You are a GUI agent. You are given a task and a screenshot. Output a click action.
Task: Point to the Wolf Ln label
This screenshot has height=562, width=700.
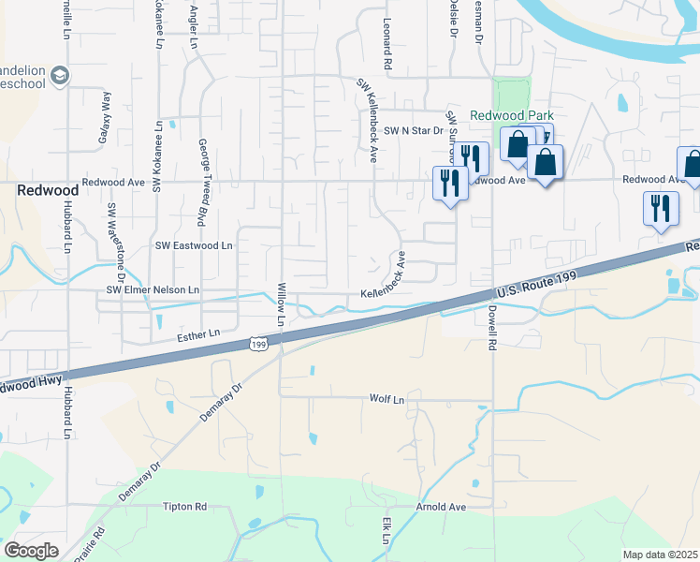[386, 399]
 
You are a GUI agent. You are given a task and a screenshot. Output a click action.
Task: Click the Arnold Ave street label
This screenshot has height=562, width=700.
[442, 507]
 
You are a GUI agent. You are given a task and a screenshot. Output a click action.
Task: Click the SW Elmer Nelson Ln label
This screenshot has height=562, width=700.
[153, 290]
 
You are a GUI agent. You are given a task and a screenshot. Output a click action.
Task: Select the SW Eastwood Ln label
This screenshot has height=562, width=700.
[194, 245]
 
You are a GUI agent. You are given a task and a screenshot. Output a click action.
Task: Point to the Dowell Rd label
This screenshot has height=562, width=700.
[489, 329]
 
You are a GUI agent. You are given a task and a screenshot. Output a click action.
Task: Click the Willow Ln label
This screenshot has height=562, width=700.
[281, 305]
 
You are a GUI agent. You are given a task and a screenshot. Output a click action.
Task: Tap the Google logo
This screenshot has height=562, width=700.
[31, 550]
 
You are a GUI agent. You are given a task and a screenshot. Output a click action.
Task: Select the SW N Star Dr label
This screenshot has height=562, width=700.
[412, 131]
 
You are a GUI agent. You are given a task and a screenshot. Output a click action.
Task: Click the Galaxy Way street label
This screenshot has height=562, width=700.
[104, 121]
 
